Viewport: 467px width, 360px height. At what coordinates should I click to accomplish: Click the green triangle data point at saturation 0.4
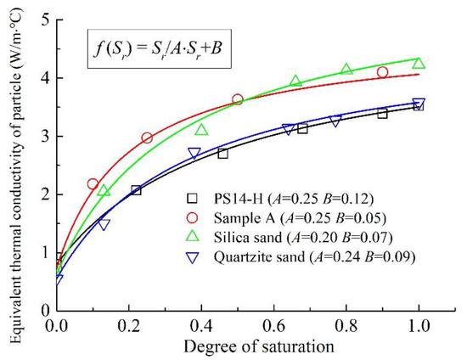(201, 130)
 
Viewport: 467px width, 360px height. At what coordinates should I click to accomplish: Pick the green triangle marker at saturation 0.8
(346, 69)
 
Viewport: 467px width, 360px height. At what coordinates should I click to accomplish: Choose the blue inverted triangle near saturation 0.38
(194, 154)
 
